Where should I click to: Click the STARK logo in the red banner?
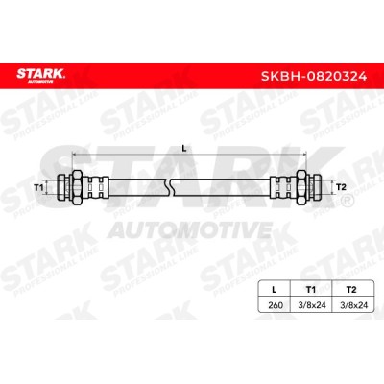41,76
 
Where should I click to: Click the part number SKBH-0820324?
314,76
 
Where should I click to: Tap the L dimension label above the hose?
184,148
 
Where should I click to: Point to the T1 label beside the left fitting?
38,187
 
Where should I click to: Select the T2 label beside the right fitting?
342,187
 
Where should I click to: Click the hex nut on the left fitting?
77,187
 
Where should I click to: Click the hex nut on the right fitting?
301,187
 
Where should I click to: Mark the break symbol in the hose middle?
170,187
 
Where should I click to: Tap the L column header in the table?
274,290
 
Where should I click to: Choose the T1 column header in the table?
311,290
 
